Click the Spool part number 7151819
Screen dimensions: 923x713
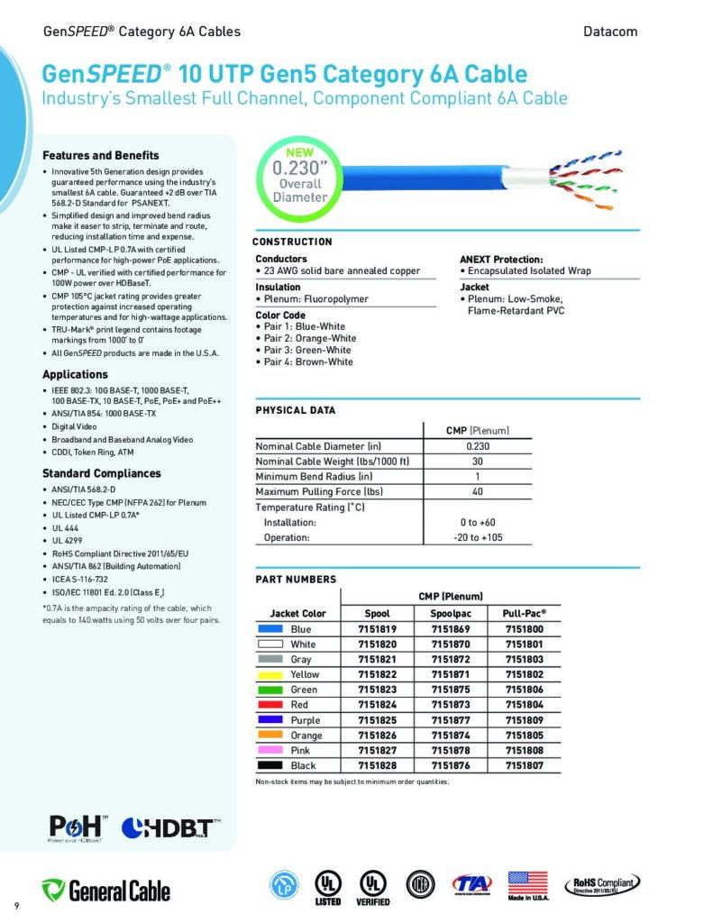(x=377, y=629)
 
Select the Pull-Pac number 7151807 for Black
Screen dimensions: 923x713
(x=524, y=765)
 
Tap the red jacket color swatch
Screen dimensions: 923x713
(x=270, y=705)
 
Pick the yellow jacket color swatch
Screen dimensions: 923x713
(x=270, y=674)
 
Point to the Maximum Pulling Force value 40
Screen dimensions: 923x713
(x=477, y=491)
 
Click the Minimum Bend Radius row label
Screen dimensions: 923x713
(x=314, y=476)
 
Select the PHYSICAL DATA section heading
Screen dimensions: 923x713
(x=295, y=410)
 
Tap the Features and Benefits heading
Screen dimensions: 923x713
(x=101, y=155)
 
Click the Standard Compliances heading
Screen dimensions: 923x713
(x=102, y=473)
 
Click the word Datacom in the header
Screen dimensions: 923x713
(x=611, y=32)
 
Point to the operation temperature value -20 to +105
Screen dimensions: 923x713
(x=478, y=537)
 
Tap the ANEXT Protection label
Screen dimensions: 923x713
(x=501, y=259)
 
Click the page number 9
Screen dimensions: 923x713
(x=16, y=904)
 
